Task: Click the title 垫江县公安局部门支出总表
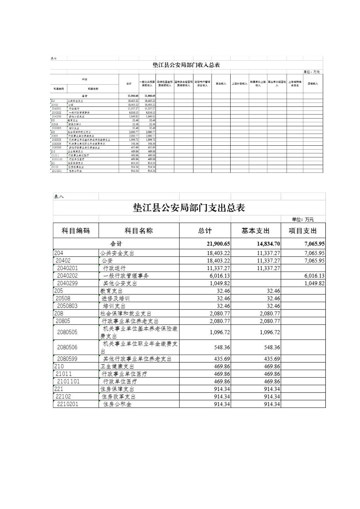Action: coord(189,208)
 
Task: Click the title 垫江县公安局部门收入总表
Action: coord(186,65)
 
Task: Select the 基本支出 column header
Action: coord(255,231)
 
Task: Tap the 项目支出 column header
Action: coord(303,231)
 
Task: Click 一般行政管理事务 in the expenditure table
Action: coord(126,276)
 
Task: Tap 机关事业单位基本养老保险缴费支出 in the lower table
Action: coord(139,332)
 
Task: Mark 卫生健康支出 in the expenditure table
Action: coord(117,366)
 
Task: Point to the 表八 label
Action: coord(59,197)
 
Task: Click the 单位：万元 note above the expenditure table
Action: coord(303,219)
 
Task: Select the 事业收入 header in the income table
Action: coord(221,84)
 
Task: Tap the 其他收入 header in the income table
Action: coord(313,84)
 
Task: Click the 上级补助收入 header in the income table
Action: coord(239,84)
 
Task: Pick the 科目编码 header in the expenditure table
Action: coord(76,231)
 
